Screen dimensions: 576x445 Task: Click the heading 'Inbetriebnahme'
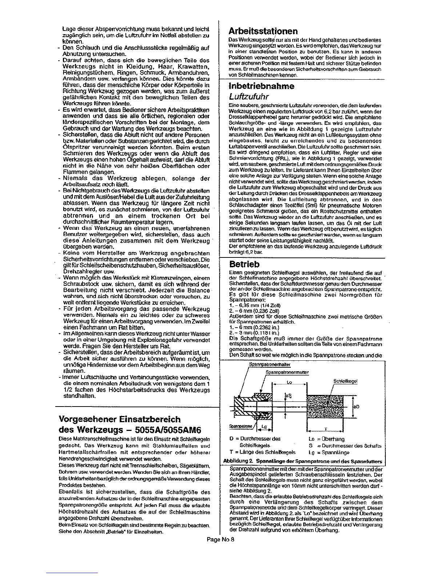(261, 86)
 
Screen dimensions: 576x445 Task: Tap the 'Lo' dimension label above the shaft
(290, 382)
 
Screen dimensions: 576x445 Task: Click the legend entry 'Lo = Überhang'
(326, 439)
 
